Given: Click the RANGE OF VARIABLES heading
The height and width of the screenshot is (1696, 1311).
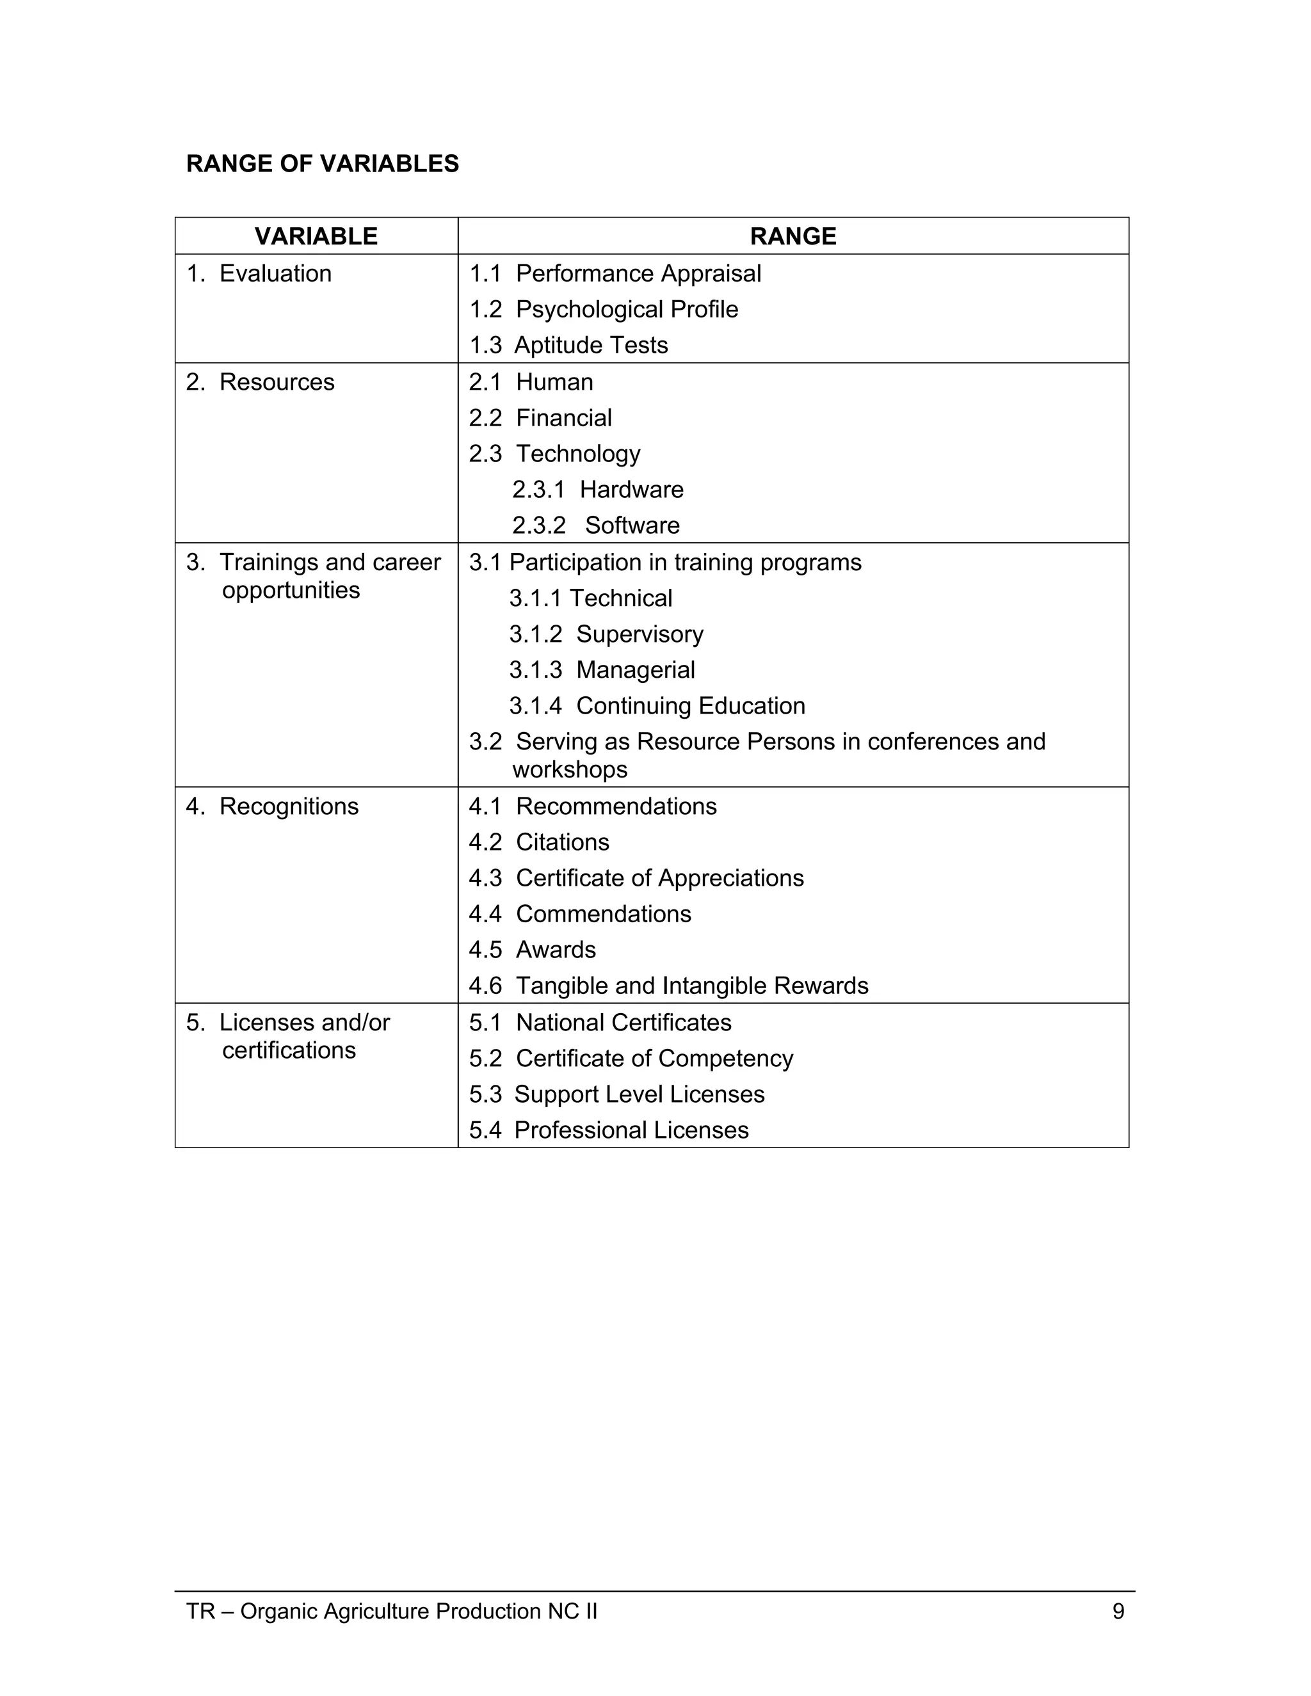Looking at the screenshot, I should (323, 164).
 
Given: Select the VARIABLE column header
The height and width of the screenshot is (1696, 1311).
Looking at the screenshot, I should (316, 236).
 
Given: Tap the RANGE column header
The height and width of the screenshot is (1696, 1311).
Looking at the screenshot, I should (793, 236).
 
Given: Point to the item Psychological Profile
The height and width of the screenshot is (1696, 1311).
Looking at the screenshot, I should (626, 309).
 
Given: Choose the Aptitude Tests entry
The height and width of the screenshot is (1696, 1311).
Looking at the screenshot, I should (590, 345).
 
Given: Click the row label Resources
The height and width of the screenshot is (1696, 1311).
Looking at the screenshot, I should (277, 382).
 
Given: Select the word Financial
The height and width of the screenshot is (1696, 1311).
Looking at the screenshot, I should (564, 418).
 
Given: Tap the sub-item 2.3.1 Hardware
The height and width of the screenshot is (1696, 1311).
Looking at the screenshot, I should (598, 489).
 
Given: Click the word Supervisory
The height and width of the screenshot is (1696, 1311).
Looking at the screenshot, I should (639, 634).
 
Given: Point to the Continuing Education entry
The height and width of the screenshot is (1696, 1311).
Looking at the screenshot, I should (689, 705).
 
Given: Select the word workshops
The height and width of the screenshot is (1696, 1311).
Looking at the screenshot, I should (569, 769).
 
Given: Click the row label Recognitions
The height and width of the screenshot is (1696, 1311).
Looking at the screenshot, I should (289, 806).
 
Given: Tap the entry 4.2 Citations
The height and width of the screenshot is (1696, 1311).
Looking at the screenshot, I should (539, 842).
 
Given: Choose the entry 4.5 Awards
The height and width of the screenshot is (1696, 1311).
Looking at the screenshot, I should (533, 949).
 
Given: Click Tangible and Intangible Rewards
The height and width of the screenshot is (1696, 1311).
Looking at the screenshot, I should (691, 986).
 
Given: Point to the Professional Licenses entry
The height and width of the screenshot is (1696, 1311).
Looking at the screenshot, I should (631, 1129).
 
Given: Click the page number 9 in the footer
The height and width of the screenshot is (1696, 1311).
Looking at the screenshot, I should (1118, 1611).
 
